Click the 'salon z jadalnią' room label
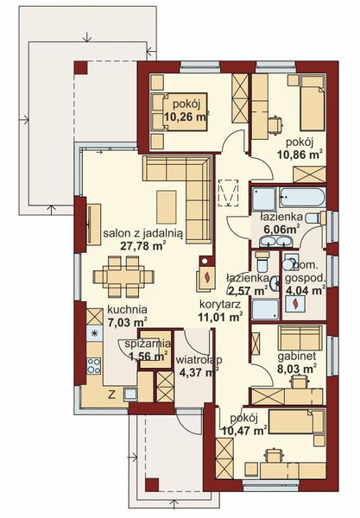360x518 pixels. pyautogui.click(x=136, y=232)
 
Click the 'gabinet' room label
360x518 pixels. pyautogui.click(x=294, y=355)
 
